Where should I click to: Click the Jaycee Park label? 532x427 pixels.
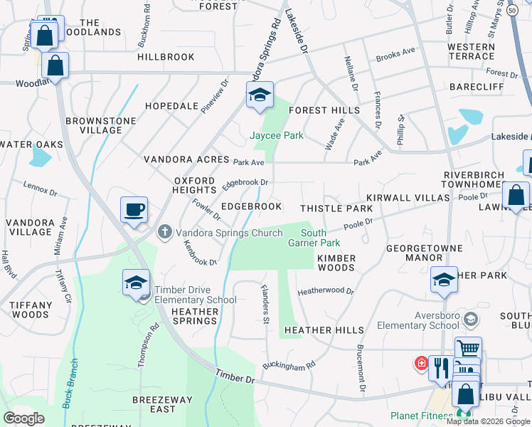point(277,135)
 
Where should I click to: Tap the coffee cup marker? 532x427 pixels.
point(134,211)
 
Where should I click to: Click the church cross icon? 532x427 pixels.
point(165,231)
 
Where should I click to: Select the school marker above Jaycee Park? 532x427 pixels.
point(260,95)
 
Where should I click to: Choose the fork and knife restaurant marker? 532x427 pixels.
point(440,368)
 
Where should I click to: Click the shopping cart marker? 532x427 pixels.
point(468,349)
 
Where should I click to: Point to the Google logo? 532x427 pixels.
point(23,418)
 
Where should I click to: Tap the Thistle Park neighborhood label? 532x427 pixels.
point(336,209)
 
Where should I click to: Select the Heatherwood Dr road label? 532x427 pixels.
point(326,291)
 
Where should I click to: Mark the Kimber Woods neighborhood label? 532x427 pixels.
point(336,263)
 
